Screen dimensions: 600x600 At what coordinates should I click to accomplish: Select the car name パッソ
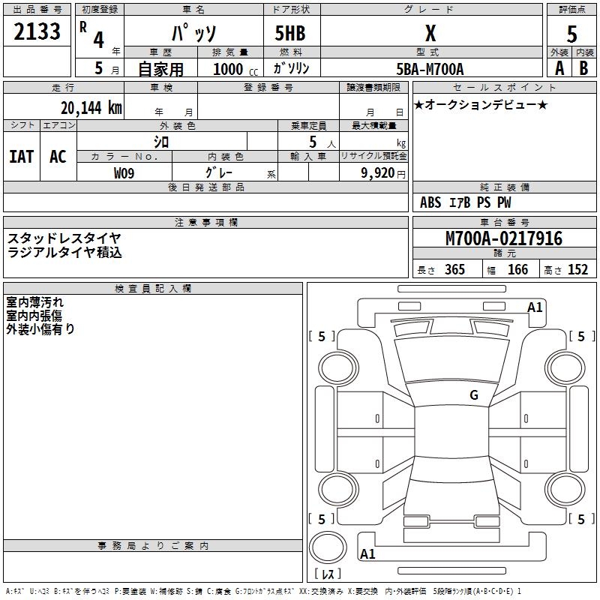pos(194,32)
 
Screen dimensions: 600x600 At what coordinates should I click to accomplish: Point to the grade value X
pos(430,32)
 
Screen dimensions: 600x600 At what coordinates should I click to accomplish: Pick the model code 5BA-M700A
pos(430,69)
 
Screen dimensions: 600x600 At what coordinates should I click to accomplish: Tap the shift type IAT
pos(21,157)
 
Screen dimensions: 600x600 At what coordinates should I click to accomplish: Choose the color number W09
pos(124,172)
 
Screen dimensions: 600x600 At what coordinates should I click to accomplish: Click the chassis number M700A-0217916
pos(503,238)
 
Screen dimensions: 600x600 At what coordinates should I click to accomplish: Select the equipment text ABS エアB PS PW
pos(466,202)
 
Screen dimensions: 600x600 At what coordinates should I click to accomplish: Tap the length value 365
pos(454,270)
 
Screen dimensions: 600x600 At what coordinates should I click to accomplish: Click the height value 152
pos(577,270)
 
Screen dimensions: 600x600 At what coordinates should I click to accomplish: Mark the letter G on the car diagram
pos(474,395)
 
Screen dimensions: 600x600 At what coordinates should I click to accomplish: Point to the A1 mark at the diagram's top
pos(535,307)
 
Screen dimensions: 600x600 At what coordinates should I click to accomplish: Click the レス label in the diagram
pos(331,574)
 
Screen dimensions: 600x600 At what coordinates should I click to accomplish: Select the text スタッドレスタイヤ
pos(64,238)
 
